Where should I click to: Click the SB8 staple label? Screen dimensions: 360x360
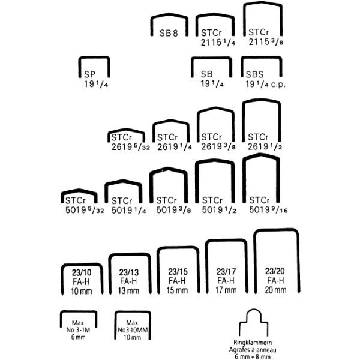tap(169, 33)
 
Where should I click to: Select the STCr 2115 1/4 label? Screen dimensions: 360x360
tap(218, 38)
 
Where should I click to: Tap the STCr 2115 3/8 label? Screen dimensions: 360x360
tap(266, 37)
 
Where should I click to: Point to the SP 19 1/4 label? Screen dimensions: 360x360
tap(96, 79)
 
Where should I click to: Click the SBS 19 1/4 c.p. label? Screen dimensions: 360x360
tap(265, 79)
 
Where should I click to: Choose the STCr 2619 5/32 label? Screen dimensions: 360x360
tap(131, 142)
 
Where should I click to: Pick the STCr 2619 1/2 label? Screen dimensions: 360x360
tap(265, 142)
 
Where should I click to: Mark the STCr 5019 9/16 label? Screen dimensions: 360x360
tap(268, 205)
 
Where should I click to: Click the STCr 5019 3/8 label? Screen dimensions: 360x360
tap(173, 205)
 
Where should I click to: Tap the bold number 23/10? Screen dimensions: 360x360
tap(82, 272)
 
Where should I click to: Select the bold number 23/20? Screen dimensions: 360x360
tap(275, 271)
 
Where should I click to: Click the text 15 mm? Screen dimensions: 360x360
tap(177, 290)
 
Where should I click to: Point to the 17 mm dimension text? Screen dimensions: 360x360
tap(226, 290)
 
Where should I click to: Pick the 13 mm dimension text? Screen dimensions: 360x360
tap(128, 291)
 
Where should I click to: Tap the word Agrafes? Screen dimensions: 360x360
tap(239, 350)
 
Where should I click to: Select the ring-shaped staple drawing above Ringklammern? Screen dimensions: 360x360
tap(253, 322)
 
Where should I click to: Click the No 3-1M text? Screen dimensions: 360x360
tap(78, 330)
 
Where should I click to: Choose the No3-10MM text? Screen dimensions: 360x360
tap(133, 330)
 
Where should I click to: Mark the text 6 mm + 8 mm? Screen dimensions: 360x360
tap(253, 356)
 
